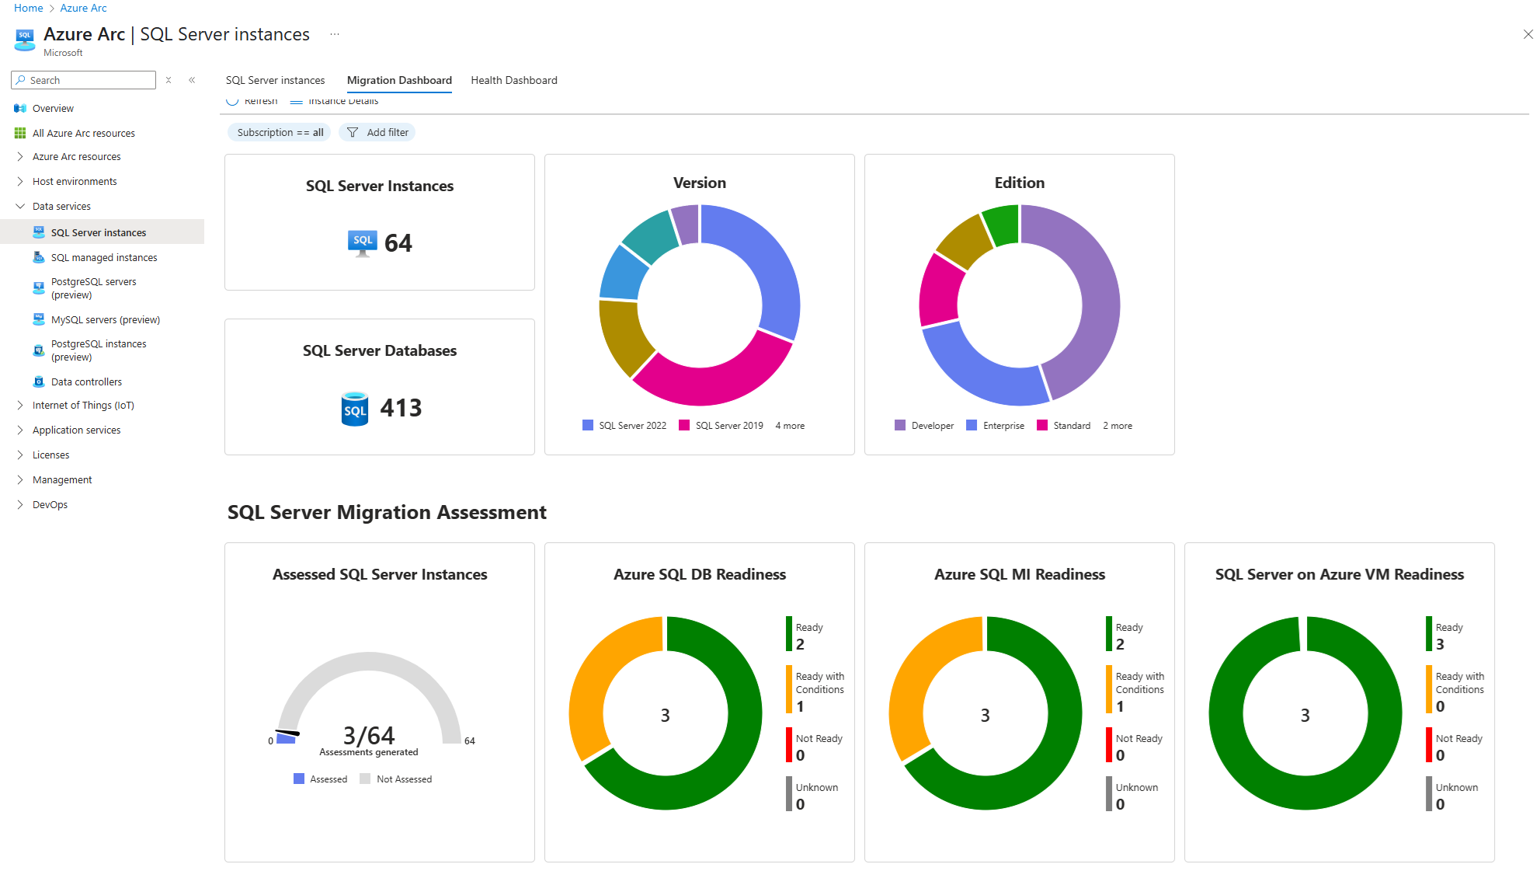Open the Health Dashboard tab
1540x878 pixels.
513,80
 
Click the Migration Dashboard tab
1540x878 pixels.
399,80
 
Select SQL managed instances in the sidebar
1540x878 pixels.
104,257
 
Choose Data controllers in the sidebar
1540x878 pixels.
86,382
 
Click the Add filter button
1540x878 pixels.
377,132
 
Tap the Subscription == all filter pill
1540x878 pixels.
280,132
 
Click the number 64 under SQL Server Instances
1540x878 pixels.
398,243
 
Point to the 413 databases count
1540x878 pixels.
401,408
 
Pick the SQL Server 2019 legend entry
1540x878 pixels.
721,426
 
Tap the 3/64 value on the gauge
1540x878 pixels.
369,735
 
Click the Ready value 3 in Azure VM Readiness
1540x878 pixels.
1440,644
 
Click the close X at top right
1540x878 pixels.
1528,34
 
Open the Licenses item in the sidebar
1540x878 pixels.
50,455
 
